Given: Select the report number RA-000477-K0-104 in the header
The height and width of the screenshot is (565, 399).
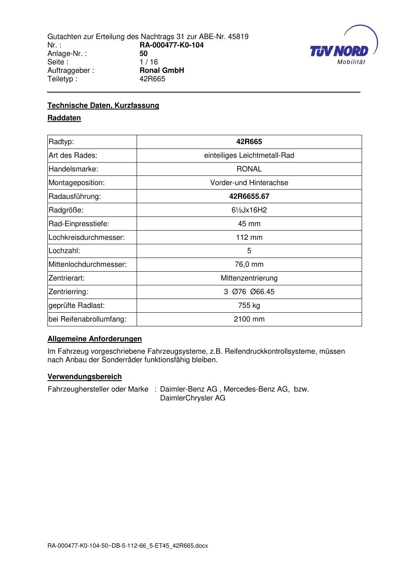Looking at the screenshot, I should (x=172, y=45).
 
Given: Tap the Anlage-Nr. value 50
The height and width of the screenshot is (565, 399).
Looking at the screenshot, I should (x=143, y=54).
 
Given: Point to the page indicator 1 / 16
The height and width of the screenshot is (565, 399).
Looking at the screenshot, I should (x=149, y=62).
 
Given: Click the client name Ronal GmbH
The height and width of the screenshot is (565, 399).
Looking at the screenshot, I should (x=162, y=70).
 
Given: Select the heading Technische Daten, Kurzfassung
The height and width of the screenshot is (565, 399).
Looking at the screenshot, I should (x=103, y=105).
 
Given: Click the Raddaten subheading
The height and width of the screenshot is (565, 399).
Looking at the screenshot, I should (x=64, y=118).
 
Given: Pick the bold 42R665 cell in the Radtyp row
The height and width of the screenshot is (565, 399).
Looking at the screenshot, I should (x=249, y=142).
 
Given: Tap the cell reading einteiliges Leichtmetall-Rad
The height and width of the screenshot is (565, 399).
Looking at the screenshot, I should (x=249, y=155).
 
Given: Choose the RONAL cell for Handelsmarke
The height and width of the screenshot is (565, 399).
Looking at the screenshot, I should (x=249, y=169).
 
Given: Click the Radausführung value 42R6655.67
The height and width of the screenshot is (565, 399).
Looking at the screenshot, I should (x=249, y=196).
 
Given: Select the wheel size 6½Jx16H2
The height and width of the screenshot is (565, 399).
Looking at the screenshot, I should (x=249, y=210).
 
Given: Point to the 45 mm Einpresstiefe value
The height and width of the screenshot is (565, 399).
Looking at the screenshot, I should (x=249, y=224).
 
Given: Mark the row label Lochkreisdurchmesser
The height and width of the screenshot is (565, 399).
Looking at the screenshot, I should (x=87, y=237).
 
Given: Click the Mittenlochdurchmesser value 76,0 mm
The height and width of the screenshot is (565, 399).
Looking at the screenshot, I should (x=249, y=264).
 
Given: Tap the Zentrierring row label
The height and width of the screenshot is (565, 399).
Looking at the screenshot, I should (x=68, y=292).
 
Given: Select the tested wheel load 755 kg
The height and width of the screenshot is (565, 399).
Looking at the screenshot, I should (x=249, y=305).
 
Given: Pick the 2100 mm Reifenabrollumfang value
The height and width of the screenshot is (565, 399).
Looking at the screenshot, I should (x=249, y=319).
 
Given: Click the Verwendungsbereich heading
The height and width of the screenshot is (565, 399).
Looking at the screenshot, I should (x=85, y=377).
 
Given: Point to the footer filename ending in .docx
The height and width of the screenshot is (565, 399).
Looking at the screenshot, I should (x=128, y=546).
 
